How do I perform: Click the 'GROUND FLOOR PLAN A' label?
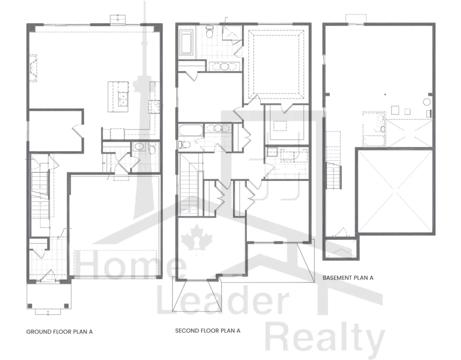point(60,332)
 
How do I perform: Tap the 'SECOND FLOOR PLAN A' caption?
point(208,330)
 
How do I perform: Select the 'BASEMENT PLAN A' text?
point(348,278)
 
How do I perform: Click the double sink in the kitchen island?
point(123,99)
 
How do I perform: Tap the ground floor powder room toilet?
point(152,148)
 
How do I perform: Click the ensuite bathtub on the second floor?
point(186,43)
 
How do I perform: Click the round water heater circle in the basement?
point(426,102)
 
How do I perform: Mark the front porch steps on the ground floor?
point(48,312)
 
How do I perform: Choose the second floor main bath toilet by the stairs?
point(183,145)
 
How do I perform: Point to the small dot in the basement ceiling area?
point(385,94)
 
